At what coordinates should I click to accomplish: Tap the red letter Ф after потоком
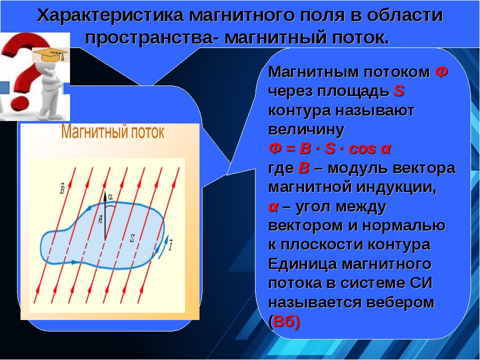tap(441, 72)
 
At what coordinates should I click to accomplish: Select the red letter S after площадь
tap(399, 91)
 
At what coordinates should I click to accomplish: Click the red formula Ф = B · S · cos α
tap(329, 149)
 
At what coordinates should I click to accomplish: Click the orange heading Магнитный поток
tap(112, 132)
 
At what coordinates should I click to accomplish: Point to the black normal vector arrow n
tap(105, 216)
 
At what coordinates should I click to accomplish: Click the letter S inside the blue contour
tap(132, 238)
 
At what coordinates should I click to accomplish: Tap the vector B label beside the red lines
tap(62, 188)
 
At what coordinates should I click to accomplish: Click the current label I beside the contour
tap(170, 245)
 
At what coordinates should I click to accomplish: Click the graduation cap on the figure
tap(50, 54)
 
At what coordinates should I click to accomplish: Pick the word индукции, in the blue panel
tap(396, 187)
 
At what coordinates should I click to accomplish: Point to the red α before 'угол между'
tap(273, 207)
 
